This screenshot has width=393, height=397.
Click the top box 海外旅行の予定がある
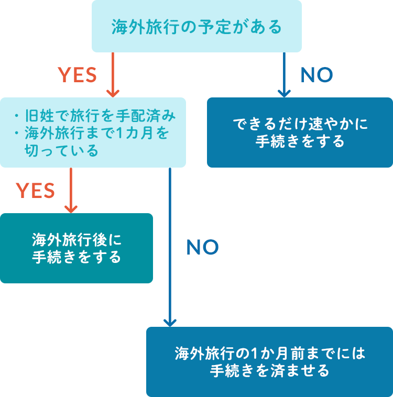[196, 26]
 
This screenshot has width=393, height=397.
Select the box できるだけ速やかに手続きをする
[300, 133]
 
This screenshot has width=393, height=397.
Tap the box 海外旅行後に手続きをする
[77, 248]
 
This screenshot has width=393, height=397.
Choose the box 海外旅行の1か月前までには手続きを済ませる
[269, 361]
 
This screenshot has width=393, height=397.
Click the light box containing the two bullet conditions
[93, 133]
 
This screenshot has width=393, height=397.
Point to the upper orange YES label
[77, 75]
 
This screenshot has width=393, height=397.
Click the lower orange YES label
[36, 191]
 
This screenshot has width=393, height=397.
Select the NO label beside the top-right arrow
[316, 75]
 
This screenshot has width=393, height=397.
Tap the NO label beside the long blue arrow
[202, 248]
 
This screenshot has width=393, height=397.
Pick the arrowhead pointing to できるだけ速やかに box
[283, 93]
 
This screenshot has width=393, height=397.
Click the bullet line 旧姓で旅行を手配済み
[100, 115]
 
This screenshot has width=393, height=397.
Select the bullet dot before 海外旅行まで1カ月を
[17, 134]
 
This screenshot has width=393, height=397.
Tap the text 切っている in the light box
[61, 151]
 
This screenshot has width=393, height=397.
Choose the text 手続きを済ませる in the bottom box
[269, 371]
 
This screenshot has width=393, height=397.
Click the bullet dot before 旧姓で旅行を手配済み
[17, 116]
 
